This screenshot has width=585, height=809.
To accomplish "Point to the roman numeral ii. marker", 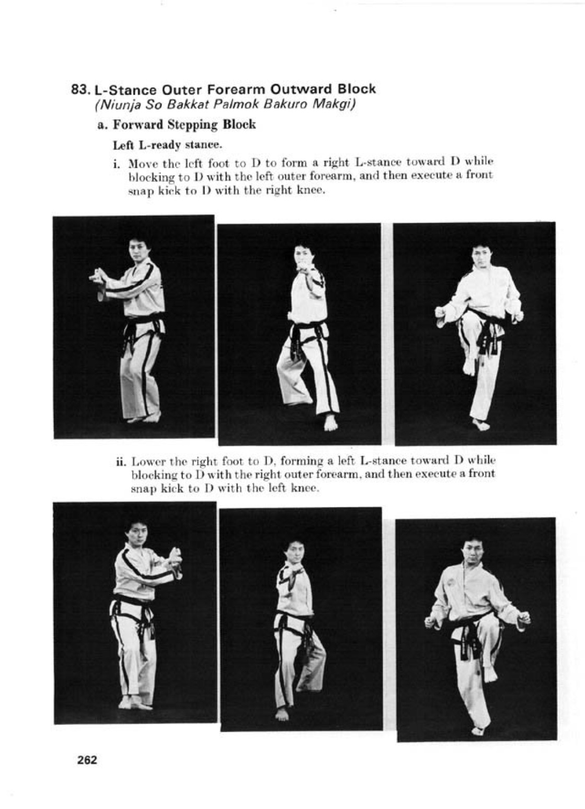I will point(121,462).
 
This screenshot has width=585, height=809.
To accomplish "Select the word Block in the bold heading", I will point(356,89).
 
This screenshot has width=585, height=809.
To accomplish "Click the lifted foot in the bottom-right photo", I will point(490,675).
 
